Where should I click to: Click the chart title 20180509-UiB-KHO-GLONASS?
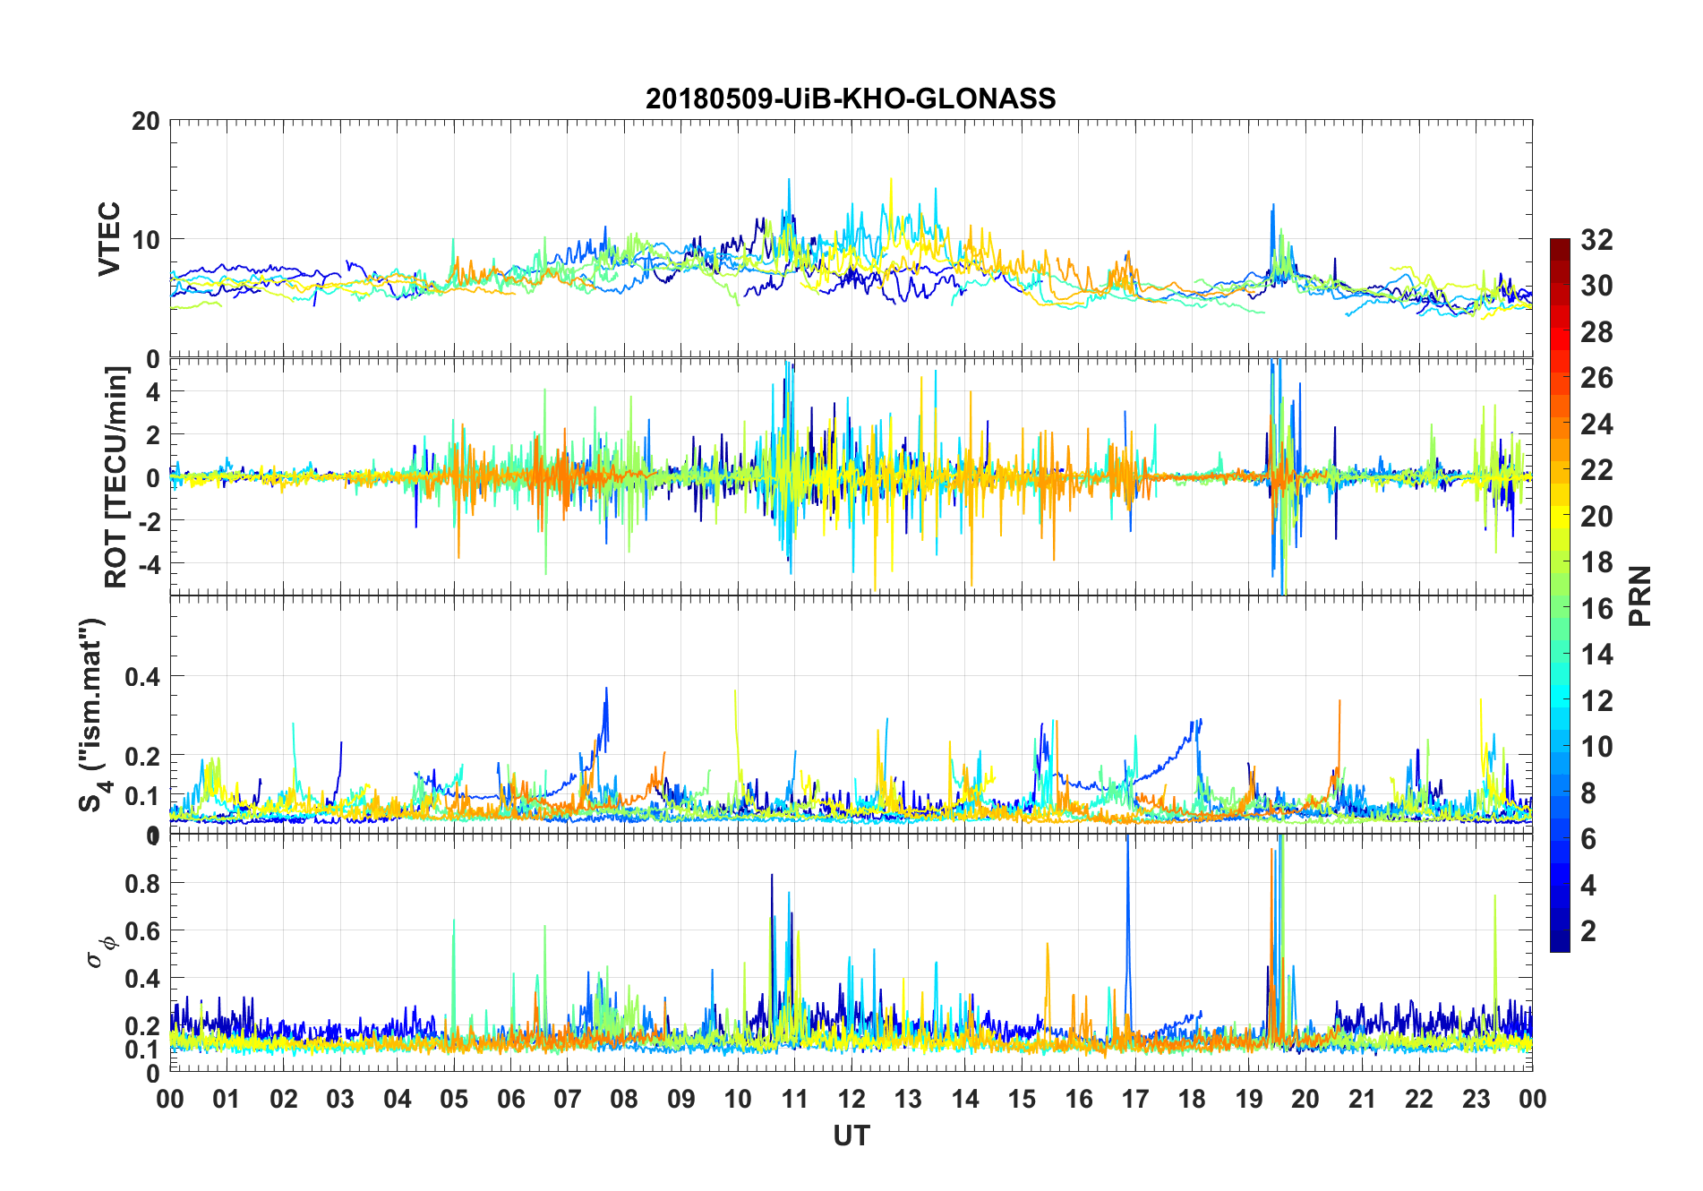click(x=851, y=99)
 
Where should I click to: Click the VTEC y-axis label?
click(x=109, y=239)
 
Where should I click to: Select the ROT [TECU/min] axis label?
click(x=116, y=476)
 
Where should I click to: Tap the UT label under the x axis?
click(x=851, y=1135)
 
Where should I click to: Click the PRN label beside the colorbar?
click(x=1640, y=596)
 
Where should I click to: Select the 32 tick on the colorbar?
click(x=1596, y=240)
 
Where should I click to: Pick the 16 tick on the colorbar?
click(x=1596, y=609)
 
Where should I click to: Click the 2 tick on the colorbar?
click(x=1588, y=931)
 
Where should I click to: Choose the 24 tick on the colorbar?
click(x=1596, y=424)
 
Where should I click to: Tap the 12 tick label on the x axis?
click(x=851, y=1100)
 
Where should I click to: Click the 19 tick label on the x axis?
click(x=1249, y=1100)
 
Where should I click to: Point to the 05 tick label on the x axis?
click(x=454, y=1100)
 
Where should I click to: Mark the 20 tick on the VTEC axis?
click(x=146, y=122)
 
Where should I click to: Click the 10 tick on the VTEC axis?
click(x=146, y=240)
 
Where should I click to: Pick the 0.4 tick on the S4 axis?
click(x=141, y=677)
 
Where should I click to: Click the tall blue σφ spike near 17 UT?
click(x=1127, y=860)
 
